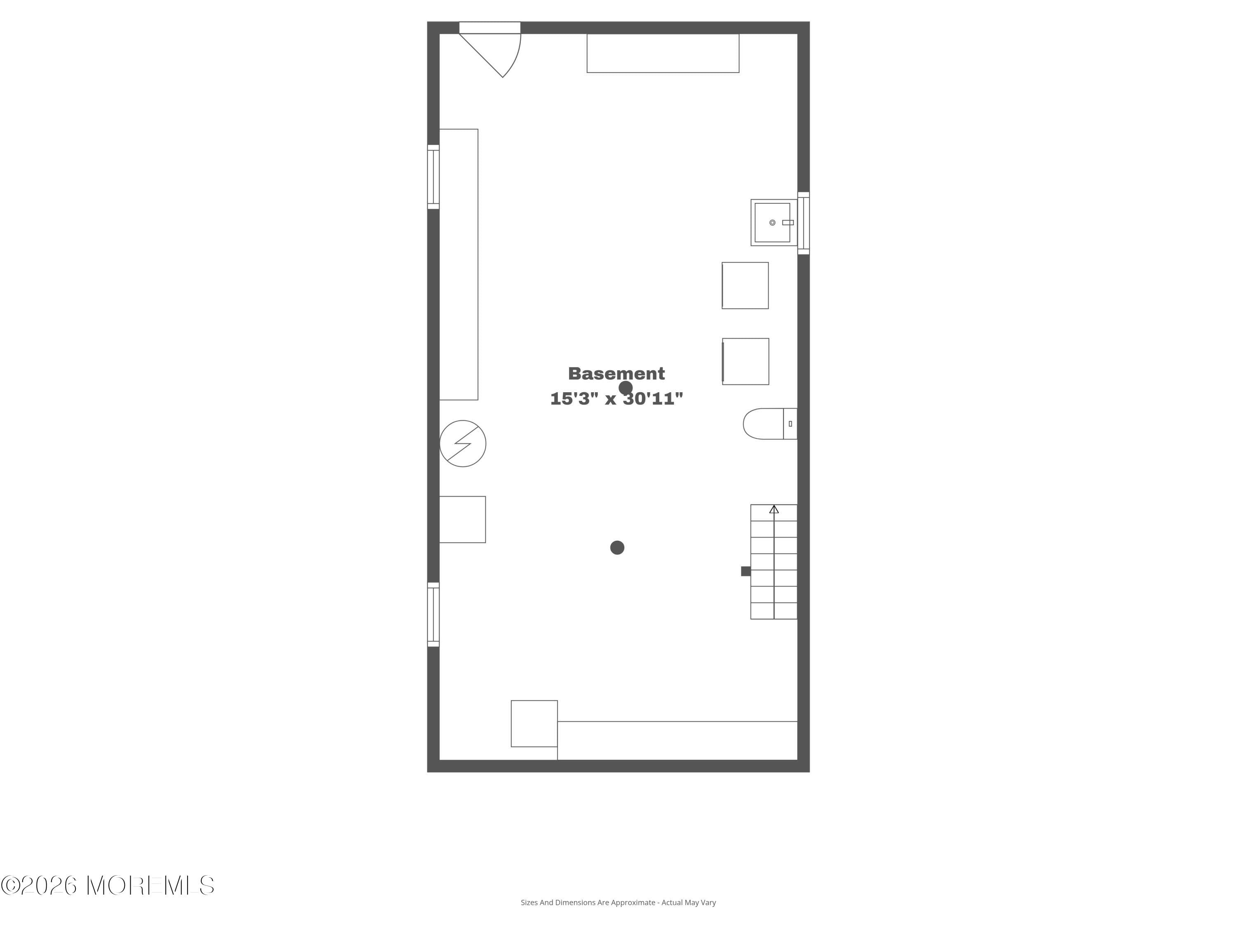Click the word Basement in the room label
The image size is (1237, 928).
click(616, 374)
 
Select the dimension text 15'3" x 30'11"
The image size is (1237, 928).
click(616, 399)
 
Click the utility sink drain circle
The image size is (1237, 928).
click(772, 223)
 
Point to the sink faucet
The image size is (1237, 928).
click(788, 223)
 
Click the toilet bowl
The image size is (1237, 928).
click(763, 424)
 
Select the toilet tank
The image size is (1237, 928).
click(790, 424)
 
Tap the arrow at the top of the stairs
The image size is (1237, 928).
click(774, 510)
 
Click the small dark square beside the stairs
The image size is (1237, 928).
click(745, 571)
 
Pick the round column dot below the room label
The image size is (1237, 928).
click(617, 548)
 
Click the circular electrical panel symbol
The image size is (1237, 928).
click(463, 443)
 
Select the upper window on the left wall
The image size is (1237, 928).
click(433, 177)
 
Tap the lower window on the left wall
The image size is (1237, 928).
click(433, 614)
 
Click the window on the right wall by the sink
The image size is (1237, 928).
click(803, 223)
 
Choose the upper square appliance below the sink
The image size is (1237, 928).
click(745, 285)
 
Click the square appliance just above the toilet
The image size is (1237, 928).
click(745, 361)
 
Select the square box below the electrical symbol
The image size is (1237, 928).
click(463, 519)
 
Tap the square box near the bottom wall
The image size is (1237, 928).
click(534, 723)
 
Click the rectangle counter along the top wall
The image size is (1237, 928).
click(663, 53)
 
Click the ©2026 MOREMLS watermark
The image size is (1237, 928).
click(107, 886)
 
